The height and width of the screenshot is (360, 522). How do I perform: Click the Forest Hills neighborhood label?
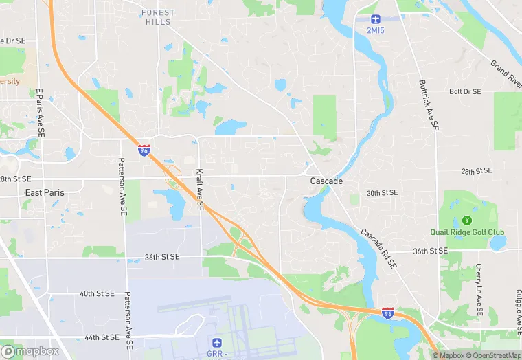tap(158, 17)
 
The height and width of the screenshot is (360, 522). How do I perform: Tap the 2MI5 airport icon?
tap(374, 19)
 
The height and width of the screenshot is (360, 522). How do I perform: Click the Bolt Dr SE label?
tap(465, 91)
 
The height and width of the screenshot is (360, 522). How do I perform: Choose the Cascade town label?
tap(326, 181)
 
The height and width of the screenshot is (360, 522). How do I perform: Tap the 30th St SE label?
tap(382, 193)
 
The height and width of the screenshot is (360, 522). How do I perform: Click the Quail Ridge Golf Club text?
tap(467, 232)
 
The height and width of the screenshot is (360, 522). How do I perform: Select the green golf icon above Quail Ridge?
tap(467, 220)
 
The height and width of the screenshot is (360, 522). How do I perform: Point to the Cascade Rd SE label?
tap(378, 248)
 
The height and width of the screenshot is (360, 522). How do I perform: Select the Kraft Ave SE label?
tap(200, 190)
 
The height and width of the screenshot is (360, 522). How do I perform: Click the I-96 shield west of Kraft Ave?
tap(144, 150)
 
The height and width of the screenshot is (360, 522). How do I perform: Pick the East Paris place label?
tap(45, 193)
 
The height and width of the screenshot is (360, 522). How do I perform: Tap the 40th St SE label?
tap(97, 293)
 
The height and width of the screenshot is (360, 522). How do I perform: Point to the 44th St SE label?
tap(102, 337)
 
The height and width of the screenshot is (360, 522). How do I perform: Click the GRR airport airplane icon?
tap(216, 341)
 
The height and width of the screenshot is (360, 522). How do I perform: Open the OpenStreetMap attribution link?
tap(493, 355)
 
